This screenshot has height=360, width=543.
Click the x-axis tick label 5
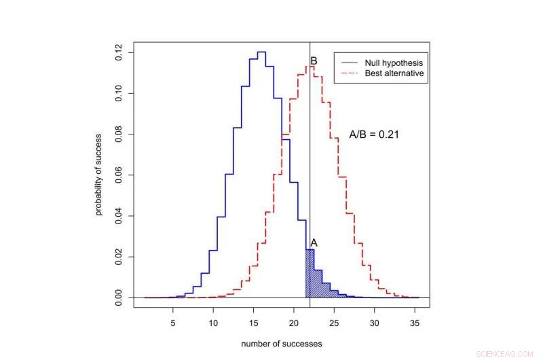[172, 323]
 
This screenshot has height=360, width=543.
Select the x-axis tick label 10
[213, 323]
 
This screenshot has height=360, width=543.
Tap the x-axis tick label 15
[254, 323]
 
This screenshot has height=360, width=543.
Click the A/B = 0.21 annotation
[373, 134]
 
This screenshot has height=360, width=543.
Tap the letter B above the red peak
[314, 61]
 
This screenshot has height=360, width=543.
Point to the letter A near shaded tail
[314, 242]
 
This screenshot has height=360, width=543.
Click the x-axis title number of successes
[281, 344]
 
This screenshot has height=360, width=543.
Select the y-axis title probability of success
[99, 175]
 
